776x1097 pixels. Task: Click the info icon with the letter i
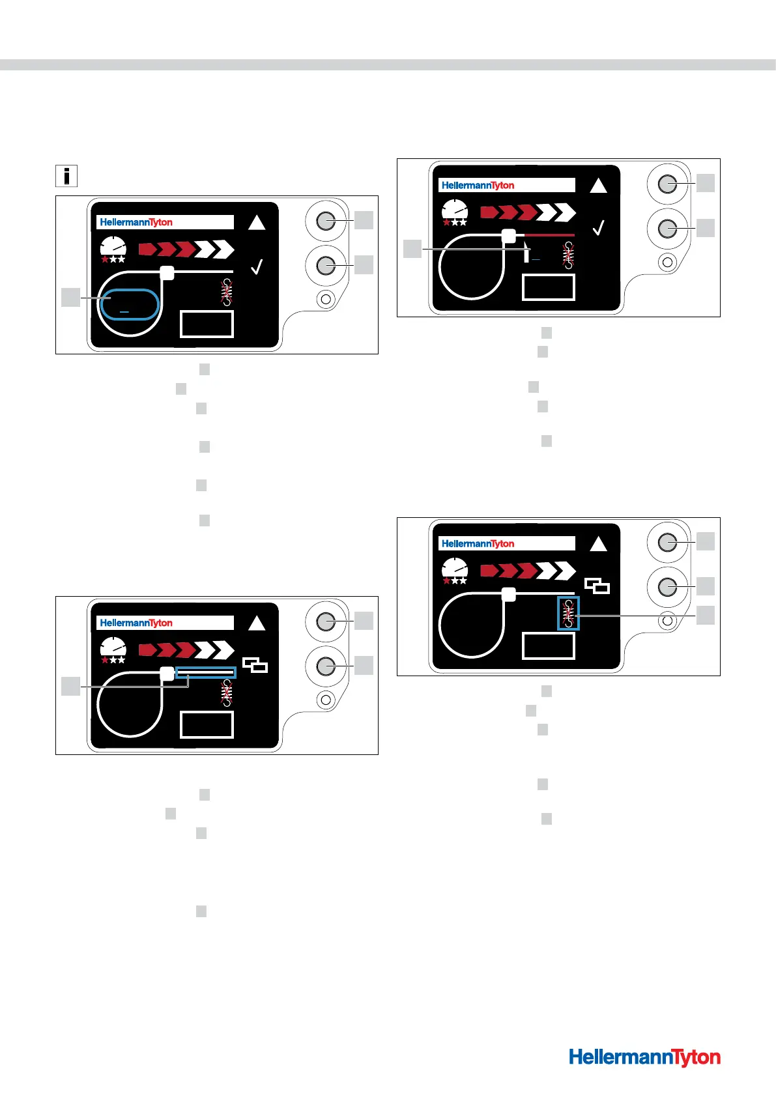[67, 176]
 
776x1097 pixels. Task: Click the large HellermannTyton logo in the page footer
[644, 1057]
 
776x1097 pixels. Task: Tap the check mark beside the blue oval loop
[257, 266]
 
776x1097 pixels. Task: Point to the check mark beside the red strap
[599, 228]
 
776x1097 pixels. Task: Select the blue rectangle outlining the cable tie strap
[205, 672]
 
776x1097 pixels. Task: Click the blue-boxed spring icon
[569, 613]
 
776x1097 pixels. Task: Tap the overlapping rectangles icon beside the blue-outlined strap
[255, 665]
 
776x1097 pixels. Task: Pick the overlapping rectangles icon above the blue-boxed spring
[597, 586]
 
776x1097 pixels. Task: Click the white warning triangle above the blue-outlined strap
[257, 623]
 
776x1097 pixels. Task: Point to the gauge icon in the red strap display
[455, 212]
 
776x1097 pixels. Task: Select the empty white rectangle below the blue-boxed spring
[549, 646]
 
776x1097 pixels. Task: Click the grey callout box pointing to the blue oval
[70, 298]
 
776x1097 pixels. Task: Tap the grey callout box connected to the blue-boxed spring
[706, 615]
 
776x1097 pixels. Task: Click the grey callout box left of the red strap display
[412, 249]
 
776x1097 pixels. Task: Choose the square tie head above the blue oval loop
[167, 272]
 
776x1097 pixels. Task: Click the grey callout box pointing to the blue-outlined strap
[70, 686]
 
